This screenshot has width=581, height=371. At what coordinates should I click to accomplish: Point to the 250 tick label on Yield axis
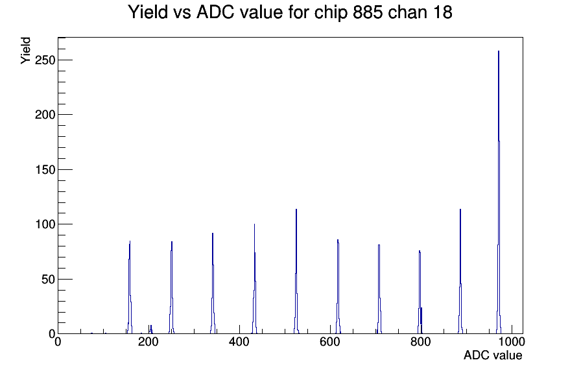[x=45, y=60]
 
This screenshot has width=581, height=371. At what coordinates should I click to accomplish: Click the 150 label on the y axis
[x=45, y=170]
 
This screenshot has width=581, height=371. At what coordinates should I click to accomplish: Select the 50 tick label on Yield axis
[x=48, y=279]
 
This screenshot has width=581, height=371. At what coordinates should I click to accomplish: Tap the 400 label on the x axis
[x=239, y=342]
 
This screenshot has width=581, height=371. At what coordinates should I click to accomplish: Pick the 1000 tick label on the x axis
[x=512, y=342]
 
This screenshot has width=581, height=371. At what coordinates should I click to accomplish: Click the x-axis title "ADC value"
[x=493, y=355]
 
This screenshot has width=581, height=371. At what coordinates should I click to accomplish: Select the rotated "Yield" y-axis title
[x=25, y=51]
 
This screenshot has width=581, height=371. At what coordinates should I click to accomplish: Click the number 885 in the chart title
[x=367, y=12]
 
